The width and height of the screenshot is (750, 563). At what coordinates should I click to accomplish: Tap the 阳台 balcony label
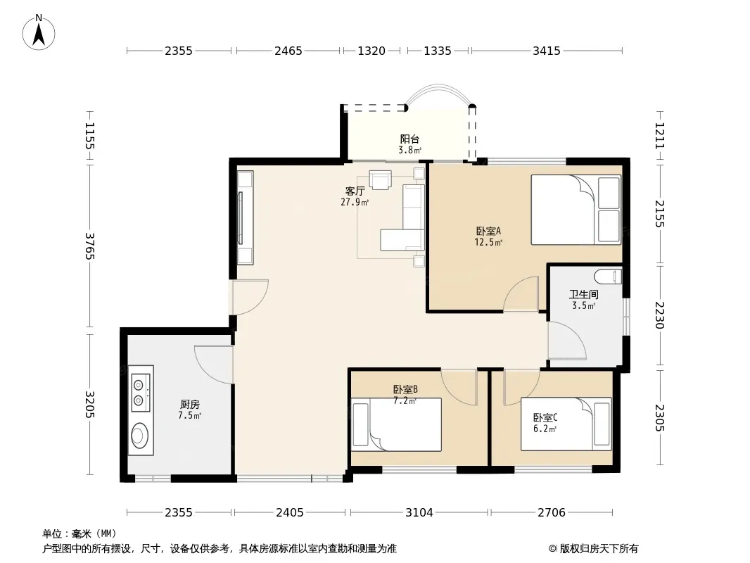point(409,139)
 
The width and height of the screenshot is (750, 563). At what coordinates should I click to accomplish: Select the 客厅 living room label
point(355,191)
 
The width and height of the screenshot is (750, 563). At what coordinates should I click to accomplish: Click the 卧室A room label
point(488,231)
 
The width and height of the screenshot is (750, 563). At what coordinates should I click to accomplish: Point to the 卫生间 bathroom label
point(583,295)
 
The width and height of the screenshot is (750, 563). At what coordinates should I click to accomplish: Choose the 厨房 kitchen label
point(190,405)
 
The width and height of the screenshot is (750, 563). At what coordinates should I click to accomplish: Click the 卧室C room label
point(545,418)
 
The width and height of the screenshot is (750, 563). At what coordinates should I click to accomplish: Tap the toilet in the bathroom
point(608,277)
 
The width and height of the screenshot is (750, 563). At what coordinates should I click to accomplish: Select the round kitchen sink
point(140,435)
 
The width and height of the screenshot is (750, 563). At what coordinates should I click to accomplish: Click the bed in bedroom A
point(576,210)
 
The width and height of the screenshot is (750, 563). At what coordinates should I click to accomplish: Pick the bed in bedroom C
point(566,424)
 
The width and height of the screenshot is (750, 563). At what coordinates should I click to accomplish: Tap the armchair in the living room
point(380,179)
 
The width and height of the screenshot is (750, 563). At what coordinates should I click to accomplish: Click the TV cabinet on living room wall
point(246,217)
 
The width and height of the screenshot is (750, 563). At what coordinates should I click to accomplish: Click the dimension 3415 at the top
point(546,51)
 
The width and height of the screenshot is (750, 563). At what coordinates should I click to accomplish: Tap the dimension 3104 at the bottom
point(419,513)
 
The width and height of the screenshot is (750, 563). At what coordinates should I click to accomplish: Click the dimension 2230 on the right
point(660,315)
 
